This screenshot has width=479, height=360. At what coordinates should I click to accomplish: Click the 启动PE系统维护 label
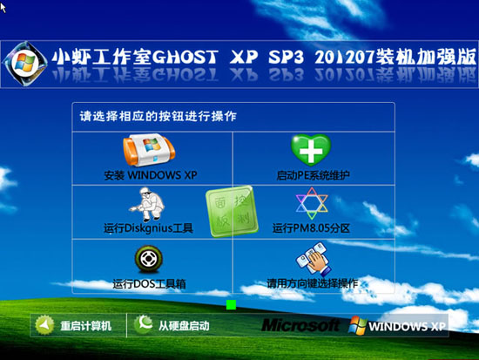pos(313,175)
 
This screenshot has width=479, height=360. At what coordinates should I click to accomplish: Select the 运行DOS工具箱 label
pos(150,283)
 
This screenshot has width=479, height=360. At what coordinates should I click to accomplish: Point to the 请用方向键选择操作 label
pos(312,283)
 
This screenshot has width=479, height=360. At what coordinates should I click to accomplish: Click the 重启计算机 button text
pos(85,326)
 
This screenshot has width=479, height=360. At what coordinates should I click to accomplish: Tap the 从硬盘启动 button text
pos(183,326)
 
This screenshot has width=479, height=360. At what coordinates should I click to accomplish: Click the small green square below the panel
pos(231,304)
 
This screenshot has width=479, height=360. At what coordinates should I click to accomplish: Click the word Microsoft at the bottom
pos(300,325)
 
